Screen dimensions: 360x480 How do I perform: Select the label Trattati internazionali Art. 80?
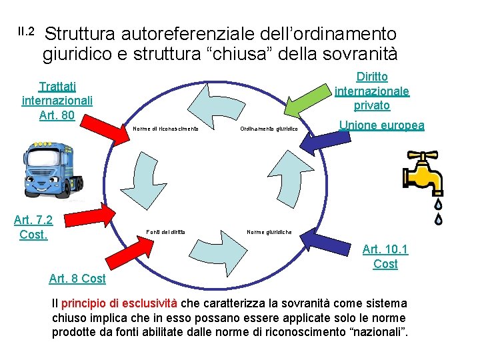[57, 101]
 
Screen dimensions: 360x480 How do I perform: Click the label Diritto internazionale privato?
[372, 91]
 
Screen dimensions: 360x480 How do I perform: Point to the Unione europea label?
[381, 125]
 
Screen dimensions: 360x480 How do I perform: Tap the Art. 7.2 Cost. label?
[33, 227]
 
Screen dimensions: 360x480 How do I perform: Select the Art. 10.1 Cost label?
[385, 257]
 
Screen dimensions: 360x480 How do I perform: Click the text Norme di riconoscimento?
[166, 129]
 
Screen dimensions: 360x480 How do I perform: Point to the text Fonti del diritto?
[165, 232]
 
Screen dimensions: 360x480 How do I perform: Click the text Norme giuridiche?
[269, 232]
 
